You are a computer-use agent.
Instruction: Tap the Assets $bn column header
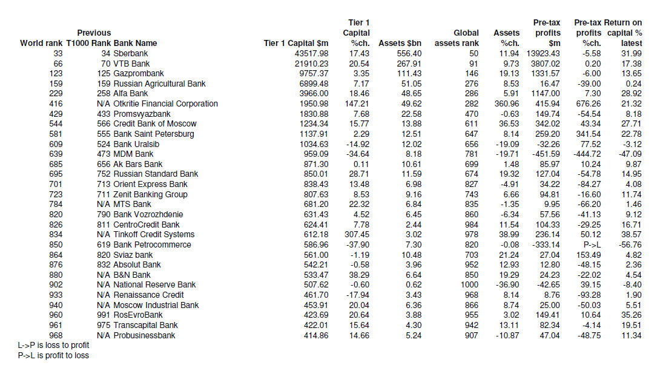click(400, 43)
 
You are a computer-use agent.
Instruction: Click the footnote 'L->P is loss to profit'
click(53, 345)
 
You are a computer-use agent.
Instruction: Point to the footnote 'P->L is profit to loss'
click(53, 355)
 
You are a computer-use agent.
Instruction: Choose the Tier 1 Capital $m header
click(296, 43)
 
